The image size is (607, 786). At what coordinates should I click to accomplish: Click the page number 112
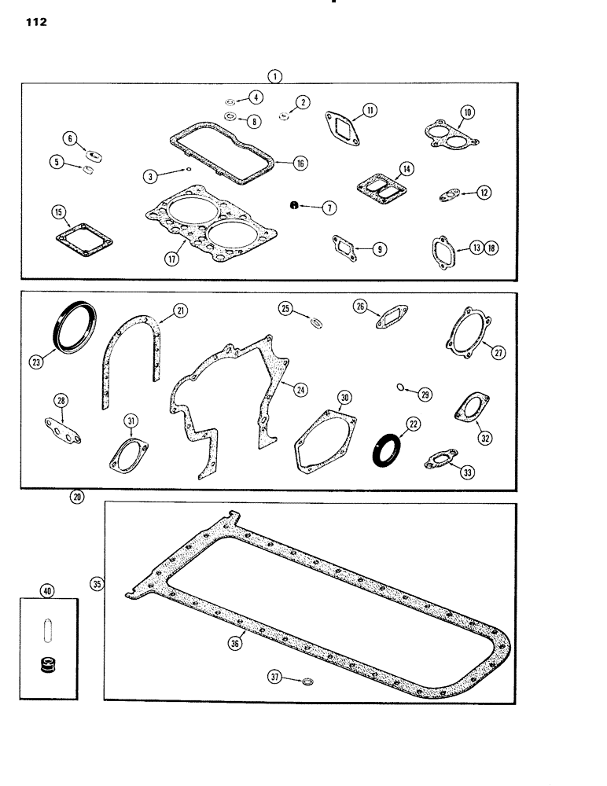tap(36, 23)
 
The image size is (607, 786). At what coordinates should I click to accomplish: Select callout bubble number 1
tap(274, 75)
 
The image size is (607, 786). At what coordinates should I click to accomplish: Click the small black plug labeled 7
tap(292, 206)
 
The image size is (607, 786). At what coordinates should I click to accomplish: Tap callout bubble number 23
tap(36, 362)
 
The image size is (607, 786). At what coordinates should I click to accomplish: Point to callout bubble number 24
tap(300, 389)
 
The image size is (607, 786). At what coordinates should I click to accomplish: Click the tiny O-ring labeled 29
tap(402, 387)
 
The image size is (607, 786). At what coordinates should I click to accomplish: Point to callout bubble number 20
tap(76, 496)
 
